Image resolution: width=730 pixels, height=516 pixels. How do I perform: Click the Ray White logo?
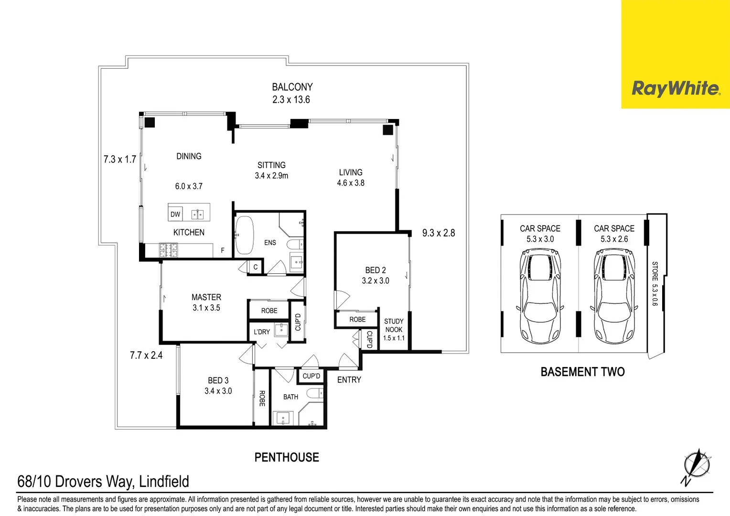click(x=675, y=89)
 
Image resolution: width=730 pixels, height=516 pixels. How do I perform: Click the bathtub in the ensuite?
click(x=245, y=236)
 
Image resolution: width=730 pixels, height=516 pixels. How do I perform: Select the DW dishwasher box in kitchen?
click(x=175, y=214)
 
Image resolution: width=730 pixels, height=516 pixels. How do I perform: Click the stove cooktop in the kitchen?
click(x=168, y=250)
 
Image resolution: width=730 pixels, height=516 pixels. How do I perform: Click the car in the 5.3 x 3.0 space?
click(x=540, y=296)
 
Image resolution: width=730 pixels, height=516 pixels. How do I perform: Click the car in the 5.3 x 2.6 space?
click(x=614, y=296)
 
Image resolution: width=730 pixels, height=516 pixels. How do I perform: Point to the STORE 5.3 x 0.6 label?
click(x=655, y=283)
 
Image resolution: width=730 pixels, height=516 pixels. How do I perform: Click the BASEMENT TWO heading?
click(x=582, y=372)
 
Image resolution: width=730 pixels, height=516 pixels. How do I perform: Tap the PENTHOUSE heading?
click(x=287, y=457)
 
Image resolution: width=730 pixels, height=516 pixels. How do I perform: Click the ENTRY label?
click(x=349, y=380)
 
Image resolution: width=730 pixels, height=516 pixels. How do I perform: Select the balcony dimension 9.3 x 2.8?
click(x=438, y=233)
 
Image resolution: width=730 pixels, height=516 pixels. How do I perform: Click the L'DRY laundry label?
click(x=262, y=332)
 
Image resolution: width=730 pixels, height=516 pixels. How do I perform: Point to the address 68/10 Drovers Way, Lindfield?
click(x=103, y=481)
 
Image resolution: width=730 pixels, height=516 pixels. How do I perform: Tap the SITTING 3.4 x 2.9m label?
click(x=271, y=170)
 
